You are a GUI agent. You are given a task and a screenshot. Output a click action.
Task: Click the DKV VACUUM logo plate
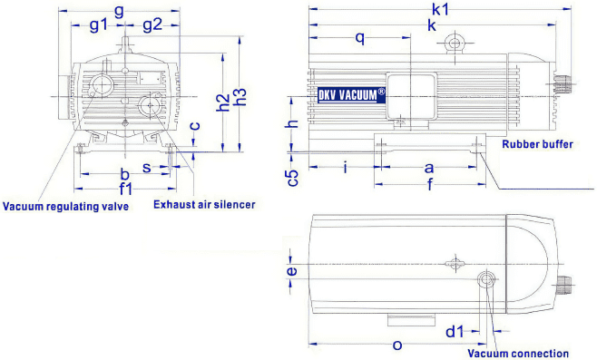click(x=351, y=94)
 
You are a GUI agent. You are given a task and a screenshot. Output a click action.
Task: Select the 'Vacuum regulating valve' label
click(x=65, y=207)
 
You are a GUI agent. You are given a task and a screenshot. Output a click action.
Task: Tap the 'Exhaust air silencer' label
click(x=204, y=205)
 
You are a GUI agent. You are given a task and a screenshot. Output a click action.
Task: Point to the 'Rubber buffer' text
click(x=538, y=144)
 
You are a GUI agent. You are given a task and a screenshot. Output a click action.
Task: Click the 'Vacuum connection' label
click(x=518, y=354)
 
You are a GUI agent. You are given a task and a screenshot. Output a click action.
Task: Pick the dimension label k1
click(x=441, y=9)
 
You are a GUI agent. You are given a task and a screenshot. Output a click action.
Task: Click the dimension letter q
click(x=360, y=38)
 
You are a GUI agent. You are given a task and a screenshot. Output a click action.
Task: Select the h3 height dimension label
click(x=241, y=97)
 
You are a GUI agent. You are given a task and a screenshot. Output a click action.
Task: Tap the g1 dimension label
click(x=99, y=25)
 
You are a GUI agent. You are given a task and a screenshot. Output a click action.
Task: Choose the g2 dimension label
click(x=152, y=25)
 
